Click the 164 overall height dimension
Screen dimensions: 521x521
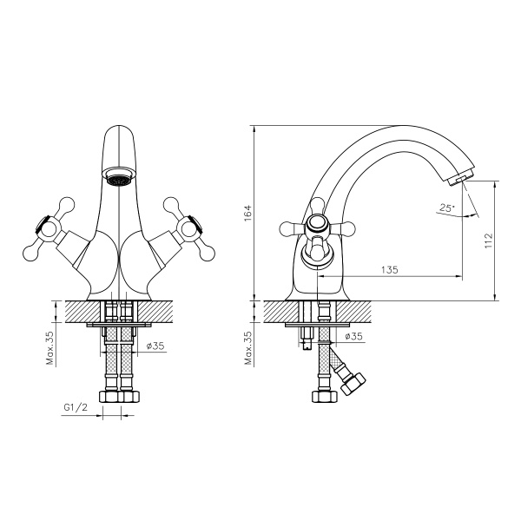(x=246, y=212)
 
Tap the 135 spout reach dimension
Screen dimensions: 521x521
(x=389, y=270)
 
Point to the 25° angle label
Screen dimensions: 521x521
(x=445, y=208)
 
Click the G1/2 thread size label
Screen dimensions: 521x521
(x=76, y=407)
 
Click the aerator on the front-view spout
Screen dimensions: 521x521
(x=118, y=180)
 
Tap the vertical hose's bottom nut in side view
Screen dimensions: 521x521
(x=324, y=396)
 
